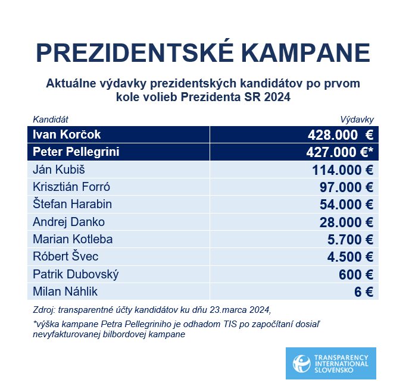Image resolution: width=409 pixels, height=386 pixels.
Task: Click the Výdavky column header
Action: (x=357, y=120)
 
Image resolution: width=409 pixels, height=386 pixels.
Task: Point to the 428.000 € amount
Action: (x=340, y=135)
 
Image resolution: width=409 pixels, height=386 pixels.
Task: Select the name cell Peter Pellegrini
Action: (x=76, y=152)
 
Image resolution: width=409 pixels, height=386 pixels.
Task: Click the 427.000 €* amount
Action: (x=339, y=153)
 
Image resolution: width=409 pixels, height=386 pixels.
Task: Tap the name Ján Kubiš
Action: (x=55, y=170)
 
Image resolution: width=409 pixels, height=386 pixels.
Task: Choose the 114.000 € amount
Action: (x=342, y=170)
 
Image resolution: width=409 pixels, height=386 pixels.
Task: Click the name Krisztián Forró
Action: (x=71, y=187)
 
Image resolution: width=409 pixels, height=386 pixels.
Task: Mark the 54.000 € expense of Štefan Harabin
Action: (x=346, y=205)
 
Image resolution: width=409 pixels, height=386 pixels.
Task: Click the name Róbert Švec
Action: (x=65, y=257)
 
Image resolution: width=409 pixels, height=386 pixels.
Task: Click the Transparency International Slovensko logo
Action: (x=330, y=363)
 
